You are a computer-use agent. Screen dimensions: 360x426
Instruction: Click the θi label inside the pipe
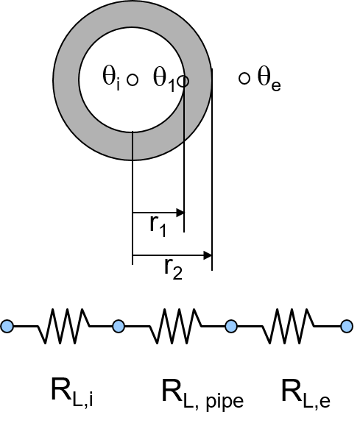point(111,78)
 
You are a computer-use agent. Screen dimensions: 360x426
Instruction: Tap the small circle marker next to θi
point(133,80)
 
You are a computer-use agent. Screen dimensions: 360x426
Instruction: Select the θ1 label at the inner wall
point(164,79)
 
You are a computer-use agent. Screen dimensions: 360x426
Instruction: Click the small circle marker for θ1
point(183,81)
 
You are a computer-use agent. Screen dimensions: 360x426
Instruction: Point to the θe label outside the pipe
point(269,79)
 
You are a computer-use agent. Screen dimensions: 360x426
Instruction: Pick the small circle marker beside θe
point(244,79)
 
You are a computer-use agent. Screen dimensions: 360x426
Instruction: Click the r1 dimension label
point(158,227)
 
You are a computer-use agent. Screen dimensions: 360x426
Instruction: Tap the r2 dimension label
point(174,269)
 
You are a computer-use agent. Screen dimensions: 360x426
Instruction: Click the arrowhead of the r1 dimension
point(180,213)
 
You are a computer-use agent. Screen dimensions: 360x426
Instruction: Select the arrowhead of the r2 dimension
point(208,255)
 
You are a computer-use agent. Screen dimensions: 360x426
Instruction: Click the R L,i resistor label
point(72,392)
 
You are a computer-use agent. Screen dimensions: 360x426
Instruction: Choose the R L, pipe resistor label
point(202,394)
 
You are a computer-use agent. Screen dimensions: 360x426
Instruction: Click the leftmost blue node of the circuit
point(7,326)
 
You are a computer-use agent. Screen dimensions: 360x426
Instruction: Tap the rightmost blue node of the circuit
point(347,326)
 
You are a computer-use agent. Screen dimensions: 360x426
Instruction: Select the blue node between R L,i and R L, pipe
point(119,326)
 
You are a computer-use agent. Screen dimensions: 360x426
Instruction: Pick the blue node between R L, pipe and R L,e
point(231,326)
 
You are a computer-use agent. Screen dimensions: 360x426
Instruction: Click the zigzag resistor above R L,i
point(63,326)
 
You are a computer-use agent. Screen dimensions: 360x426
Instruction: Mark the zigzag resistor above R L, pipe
point(175,326)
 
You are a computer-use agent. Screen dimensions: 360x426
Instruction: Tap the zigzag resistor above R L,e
point(289,326)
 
